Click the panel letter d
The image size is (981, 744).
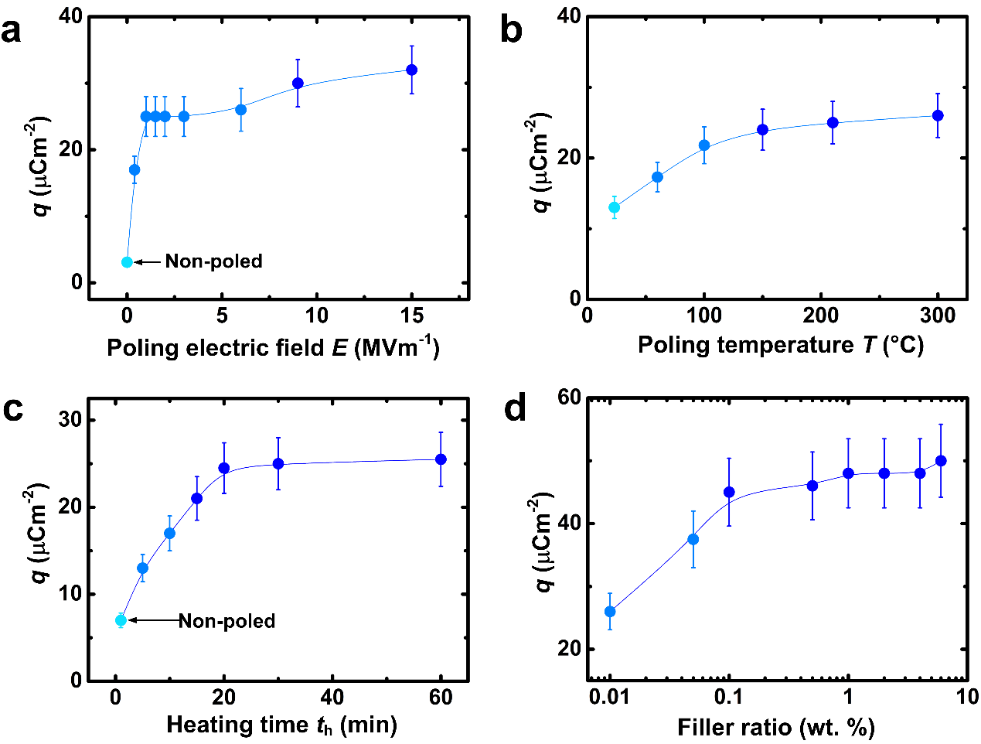[515, 408]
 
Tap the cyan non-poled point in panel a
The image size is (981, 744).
[128, 262]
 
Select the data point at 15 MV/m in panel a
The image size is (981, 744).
[412, 70]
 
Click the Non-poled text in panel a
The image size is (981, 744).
[214, 261]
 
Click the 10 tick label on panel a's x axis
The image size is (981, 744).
[317, 316]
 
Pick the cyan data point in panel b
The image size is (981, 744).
[614, 207]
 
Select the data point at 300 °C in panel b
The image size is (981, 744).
[938, 115]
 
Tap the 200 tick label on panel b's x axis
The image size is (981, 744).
[821, 316]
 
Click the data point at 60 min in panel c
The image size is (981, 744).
[441, 459]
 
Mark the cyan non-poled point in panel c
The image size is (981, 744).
[121, 620]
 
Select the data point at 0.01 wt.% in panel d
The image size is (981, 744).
[610, 612]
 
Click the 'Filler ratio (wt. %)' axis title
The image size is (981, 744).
[775, 727]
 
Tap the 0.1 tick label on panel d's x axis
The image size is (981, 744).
[728, 697]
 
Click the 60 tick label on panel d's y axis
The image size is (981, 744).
[571, 398]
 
